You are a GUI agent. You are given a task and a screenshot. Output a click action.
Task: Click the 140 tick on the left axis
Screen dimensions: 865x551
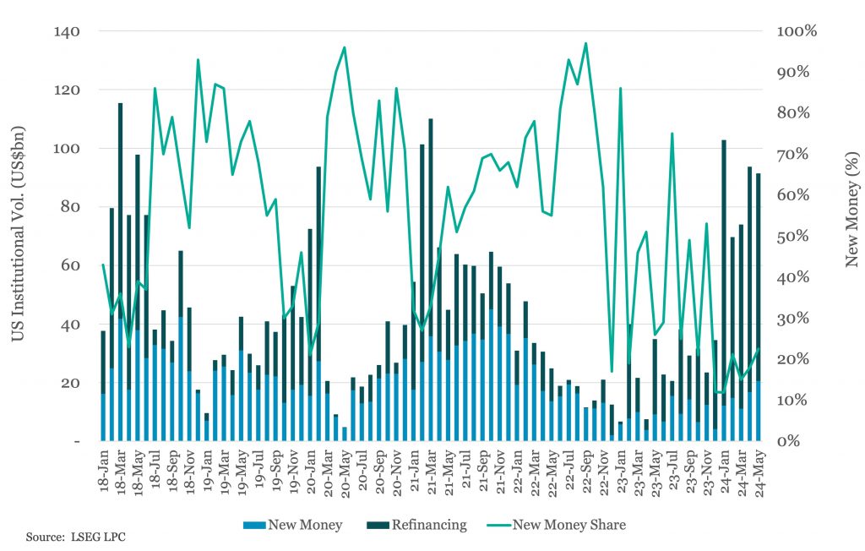67,31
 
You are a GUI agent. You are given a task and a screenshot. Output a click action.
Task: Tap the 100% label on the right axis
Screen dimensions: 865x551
797,31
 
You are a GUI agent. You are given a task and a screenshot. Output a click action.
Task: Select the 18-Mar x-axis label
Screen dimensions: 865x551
121,472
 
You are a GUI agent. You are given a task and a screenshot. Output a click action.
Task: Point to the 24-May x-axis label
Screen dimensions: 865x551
759,473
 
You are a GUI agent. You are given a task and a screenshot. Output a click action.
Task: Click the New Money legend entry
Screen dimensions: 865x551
293,525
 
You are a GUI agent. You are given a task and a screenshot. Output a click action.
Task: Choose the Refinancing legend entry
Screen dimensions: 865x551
416,525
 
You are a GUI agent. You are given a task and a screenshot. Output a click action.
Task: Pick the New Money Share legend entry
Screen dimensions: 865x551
557,525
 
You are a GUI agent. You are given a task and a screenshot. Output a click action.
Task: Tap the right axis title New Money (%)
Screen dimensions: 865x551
852,210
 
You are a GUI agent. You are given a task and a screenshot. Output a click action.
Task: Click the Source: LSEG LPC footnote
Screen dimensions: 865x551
75,537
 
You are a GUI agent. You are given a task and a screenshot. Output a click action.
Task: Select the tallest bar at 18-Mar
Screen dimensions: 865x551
120,271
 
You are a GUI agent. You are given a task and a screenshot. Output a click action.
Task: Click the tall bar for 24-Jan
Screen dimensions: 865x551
724,291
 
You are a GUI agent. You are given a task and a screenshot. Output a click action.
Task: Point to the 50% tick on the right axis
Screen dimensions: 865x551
793,237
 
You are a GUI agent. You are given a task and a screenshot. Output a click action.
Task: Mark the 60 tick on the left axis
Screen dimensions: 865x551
67,265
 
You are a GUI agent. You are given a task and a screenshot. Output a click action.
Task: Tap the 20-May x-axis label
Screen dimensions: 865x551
345,473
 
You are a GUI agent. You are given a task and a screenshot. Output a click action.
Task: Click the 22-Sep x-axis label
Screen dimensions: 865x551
587,472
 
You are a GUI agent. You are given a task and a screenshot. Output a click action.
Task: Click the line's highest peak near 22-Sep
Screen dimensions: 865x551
586,43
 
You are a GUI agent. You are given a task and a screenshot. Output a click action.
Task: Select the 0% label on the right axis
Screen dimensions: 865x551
788,441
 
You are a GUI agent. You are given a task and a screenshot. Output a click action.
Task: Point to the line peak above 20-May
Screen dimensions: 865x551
345,47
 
